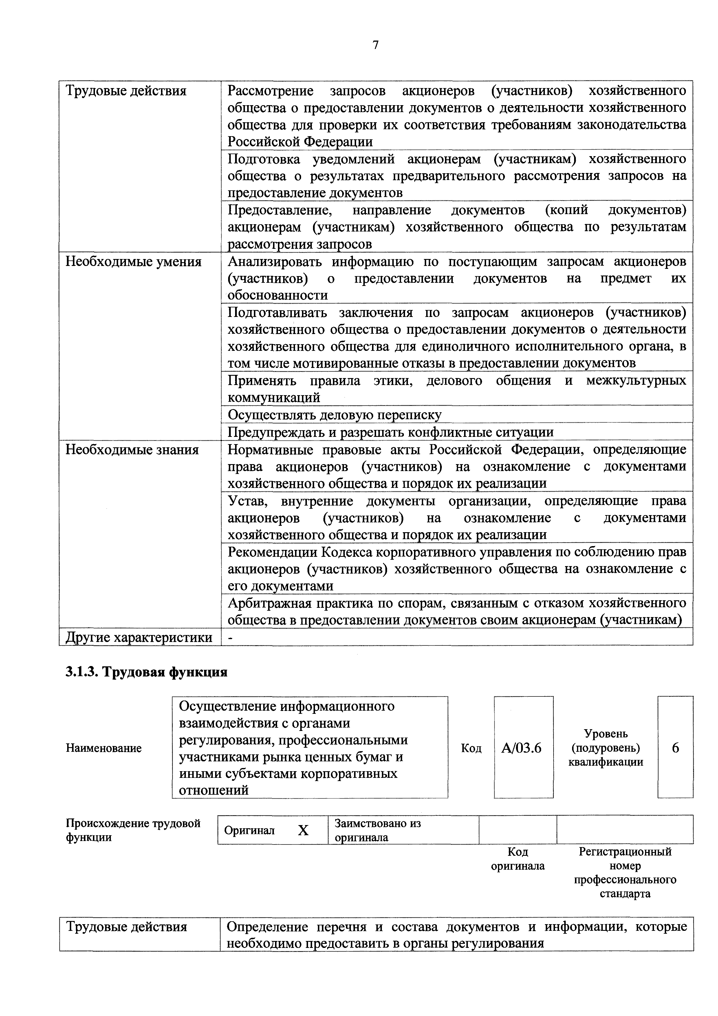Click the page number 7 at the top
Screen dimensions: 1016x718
click(376, 45)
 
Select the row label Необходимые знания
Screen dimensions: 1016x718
click(132, 450)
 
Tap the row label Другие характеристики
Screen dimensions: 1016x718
click(139, 638)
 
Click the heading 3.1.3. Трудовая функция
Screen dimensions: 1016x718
click(146, 672)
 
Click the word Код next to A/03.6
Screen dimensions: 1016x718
click(471, 748)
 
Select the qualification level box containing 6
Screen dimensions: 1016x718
click(675, 748)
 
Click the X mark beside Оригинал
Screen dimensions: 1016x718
click(303, 831)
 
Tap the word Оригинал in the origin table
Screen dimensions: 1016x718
click(249, 831)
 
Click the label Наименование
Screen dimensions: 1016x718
click(104, 748)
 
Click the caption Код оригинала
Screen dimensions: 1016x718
click(518, 859)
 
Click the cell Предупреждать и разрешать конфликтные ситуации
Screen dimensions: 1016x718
click(390, 432)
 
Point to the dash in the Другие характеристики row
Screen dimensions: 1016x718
click(230, 638)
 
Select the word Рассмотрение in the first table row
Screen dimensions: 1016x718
click(270, 91)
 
